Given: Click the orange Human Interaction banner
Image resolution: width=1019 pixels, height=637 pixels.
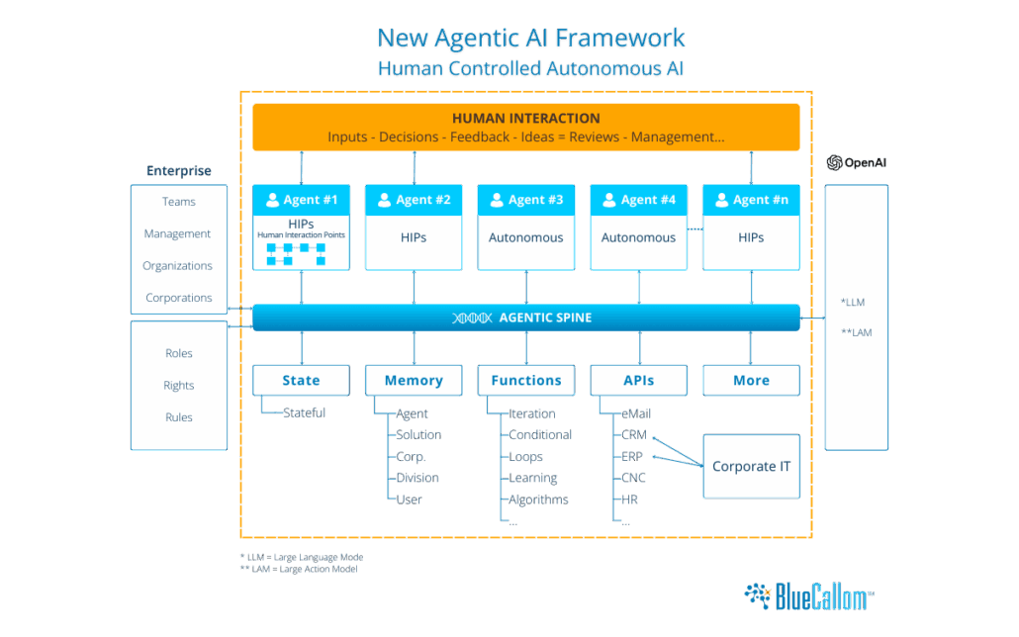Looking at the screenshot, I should pos(526,127).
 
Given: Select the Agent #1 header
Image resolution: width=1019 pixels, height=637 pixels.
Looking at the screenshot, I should pos(301,200).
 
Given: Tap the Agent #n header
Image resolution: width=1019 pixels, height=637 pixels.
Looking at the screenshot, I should pos(751,200).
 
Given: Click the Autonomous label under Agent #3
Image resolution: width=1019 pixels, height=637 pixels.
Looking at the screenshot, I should pos(526,238).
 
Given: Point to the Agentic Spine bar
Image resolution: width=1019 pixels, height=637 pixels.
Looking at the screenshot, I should pos(526,318).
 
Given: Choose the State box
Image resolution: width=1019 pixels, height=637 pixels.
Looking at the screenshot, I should pos(301,381).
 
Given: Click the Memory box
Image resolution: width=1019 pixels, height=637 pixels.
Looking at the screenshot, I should pos(414,381).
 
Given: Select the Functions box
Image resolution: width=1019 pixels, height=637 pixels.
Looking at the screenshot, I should pos(526,381).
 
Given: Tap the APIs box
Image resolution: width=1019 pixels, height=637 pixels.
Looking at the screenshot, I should pos(639,381).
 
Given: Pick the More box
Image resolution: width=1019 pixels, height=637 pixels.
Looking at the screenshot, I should pos(751,381).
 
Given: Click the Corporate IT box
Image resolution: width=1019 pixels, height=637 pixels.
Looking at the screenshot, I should pos(751,466).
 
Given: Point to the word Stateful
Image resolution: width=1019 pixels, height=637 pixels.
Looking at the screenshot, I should pos(304,413).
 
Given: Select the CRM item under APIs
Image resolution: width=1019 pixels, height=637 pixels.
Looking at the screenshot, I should pos(633,435).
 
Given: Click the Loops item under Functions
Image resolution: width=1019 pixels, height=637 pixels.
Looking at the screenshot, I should pos(525,457).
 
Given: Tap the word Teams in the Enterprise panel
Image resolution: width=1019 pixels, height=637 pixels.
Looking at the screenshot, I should pos(179,202).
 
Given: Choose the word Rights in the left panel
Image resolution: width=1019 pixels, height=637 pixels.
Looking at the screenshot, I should pos(179,386).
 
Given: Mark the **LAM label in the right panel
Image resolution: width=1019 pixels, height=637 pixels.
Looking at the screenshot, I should pos(857,333).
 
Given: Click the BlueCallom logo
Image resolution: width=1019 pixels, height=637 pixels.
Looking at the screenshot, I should pos(809,596).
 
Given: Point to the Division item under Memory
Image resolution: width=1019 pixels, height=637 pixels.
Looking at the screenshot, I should pos(417,479).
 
